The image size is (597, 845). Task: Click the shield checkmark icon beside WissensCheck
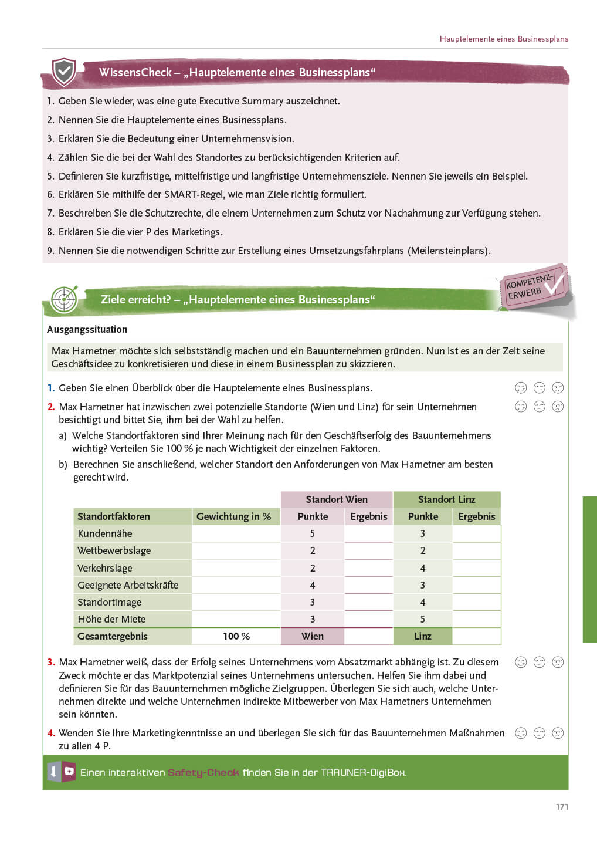tap(64, 72)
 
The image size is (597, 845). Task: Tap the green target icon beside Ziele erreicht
tap(64, 299)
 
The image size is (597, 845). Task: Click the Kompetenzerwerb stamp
tap(533, 287)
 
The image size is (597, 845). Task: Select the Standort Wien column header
tap(337, 499)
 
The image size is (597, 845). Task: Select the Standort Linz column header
tap(446, 499)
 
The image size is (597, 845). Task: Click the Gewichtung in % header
tap(233, 516)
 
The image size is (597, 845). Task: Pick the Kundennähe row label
tap(105, 533)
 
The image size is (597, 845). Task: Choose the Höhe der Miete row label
tap(111, 619)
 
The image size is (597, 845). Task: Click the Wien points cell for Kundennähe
tap(313, 533)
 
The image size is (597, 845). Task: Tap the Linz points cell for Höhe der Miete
tap(423, 619)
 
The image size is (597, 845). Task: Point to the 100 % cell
tap(236, 636)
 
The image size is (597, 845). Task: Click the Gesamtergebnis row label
tap(113, 636)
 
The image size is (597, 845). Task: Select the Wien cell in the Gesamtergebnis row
tap(313, 636)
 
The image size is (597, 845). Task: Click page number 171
tap(562, 807)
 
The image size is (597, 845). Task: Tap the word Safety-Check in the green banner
tap(203, 772)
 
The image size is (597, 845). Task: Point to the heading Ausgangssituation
tap(87, 329)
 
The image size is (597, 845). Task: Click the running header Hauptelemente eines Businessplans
tap(504, 39)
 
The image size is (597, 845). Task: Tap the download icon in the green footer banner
tap(53, 772)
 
